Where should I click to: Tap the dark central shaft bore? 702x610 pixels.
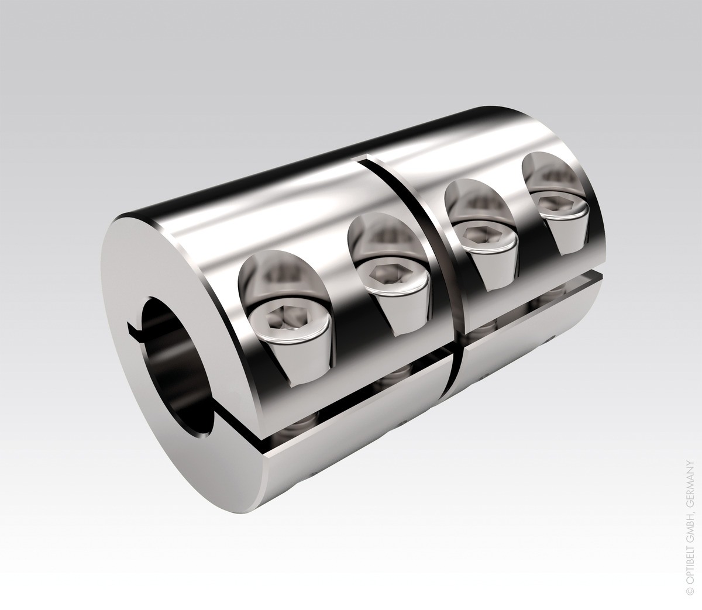pyautogui.click(x=175, y=363)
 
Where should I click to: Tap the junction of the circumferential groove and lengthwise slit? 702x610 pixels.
pyautogui.click(x=456, y=350)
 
